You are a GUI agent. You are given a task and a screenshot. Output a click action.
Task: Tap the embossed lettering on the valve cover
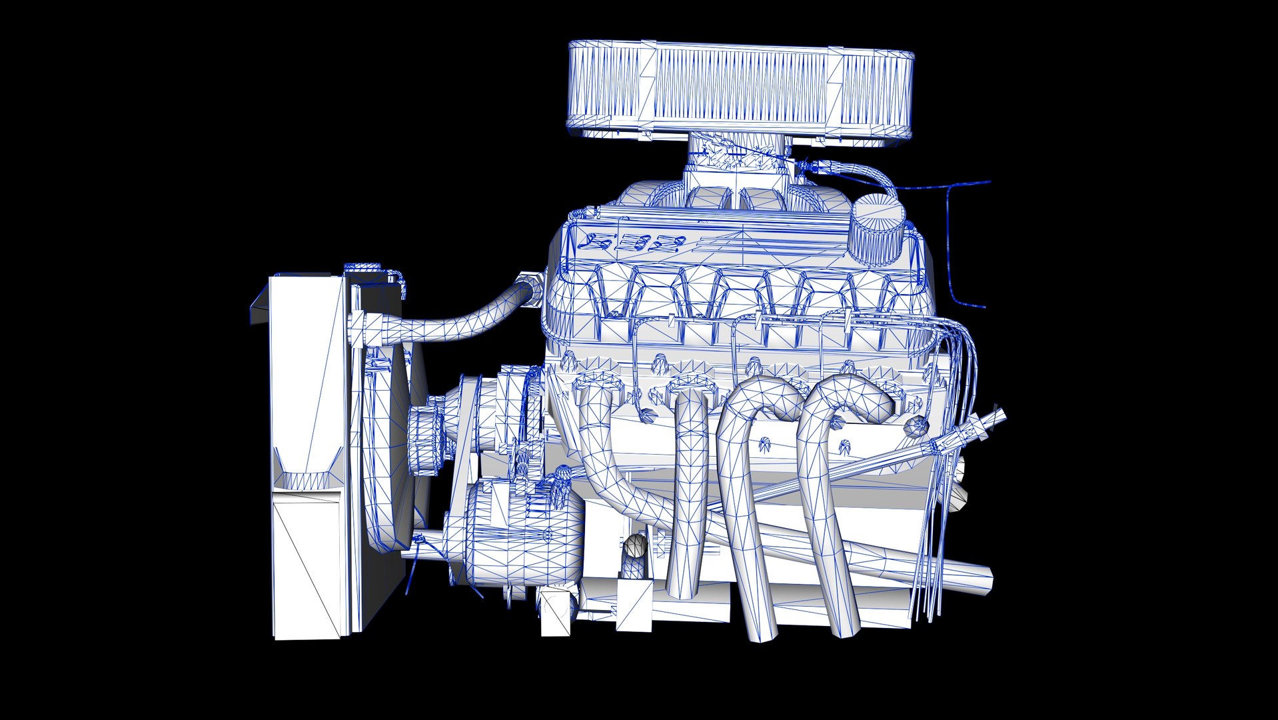[x=633, y=243]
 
